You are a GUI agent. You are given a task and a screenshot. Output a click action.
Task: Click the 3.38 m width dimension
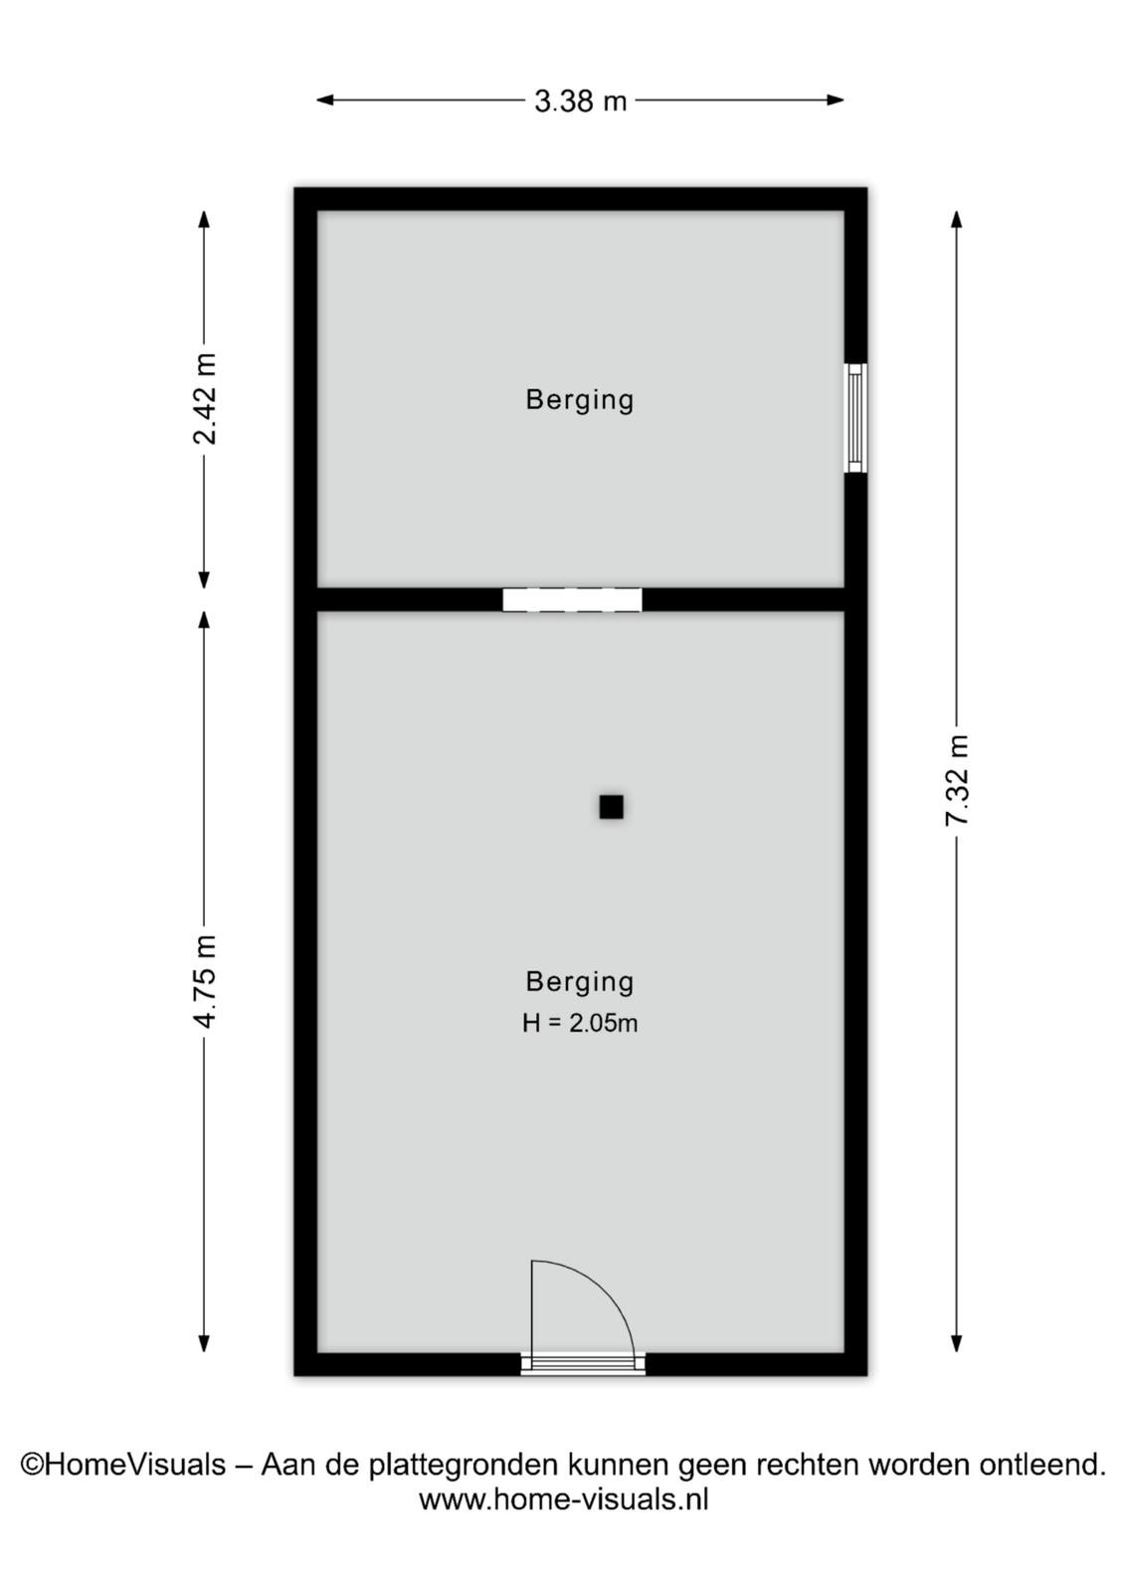pyautogui.click(x=580, y=100)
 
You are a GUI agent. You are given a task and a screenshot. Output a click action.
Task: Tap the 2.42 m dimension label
pyautogui.click(x=205, y=399)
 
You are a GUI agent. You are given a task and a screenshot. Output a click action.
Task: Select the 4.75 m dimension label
pyautogui.click(x=205, y=981)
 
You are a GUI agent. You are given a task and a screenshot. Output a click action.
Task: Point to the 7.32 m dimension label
pyautogui.click(x=957, y=780)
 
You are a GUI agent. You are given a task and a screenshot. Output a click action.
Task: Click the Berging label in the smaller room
pyautogui.click(x=580, y=400)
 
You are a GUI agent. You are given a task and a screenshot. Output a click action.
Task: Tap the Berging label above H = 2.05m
pyautogui.click(x=580, y=982)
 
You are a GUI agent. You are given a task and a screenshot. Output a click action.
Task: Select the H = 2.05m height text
pyautogui.click(x=580, y=1024)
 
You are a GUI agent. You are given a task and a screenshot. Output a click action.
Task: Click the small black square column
pyautogui.click(x=611, y=807)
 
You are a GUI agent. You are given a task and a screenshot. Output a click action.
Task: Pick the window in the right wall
pyautogui.click(x=855, y=417)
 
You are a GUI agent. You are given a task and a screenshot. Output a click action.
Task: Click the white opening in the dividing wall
pyautogui.click(x=572, y=599)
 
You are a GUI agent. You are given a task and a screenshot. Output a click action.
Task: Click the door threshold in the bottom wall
pyautogui.click(x=583, y=1364)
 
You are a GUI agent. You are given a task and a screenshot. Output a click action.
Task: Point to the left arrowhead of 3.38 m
pyautogui.click(x=324, y=100)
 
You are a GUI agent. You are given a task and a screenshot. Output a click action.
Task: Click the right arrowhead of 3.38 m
pyautogui.click(x=836, y=100)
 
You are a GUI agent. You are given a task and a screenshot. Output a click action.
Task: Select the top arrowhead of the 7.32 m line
pyautogui.click(x=956, y=219)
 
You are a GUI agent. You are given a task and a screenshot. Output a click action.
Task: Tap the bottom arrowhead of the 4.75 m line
pyautogui.click(x=205, y=1343)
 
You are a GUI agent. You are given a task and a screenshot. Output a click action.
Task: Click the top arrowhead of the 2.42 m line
pyautogui.click(x=205, y=219)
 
